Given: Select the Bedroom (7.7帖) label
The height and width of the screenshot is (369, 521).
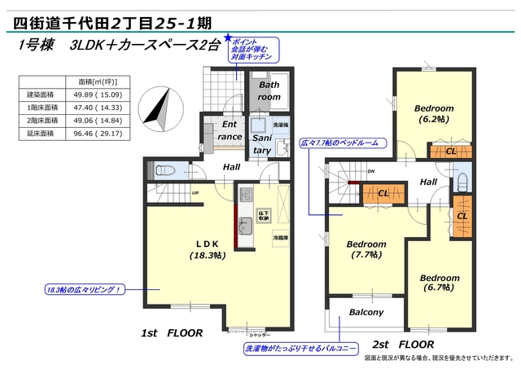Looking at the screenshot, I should coord(366,248).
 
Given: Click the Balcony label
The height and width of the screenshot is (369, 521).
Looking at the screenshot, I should coord(366,313).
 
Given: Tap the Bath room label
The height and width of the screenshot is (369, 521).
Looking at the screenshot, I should coord(269,90).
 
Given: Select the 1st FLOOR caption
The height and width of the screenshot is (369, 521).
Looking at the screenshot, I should coord(171,333).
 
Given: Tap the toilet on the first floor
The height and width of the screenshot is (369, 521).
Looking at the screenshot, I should coord(161,169).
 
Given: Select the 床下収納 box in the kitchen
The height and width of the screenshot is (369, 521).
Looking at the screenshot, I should coord(264,216).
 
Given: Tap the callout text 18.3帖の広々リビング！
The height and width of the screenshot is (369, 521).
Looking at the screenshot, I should coord(82,289).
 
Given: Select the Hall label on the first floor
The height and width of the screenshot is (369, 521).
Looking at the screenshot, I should coord(231,167).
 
